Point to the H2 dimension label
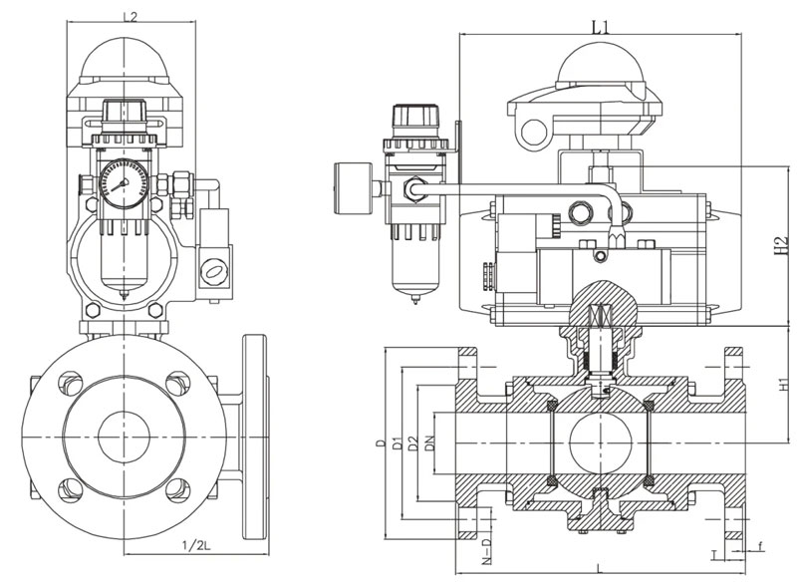pos(782,244)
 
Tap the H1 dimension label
pos(782,384)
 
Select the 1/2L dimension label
pos(194,544)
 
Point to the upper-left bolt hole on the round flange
pos(70,381)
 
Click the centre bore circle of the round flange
pos(124,435)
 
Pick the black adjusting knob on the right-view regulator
pos(407,120)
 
